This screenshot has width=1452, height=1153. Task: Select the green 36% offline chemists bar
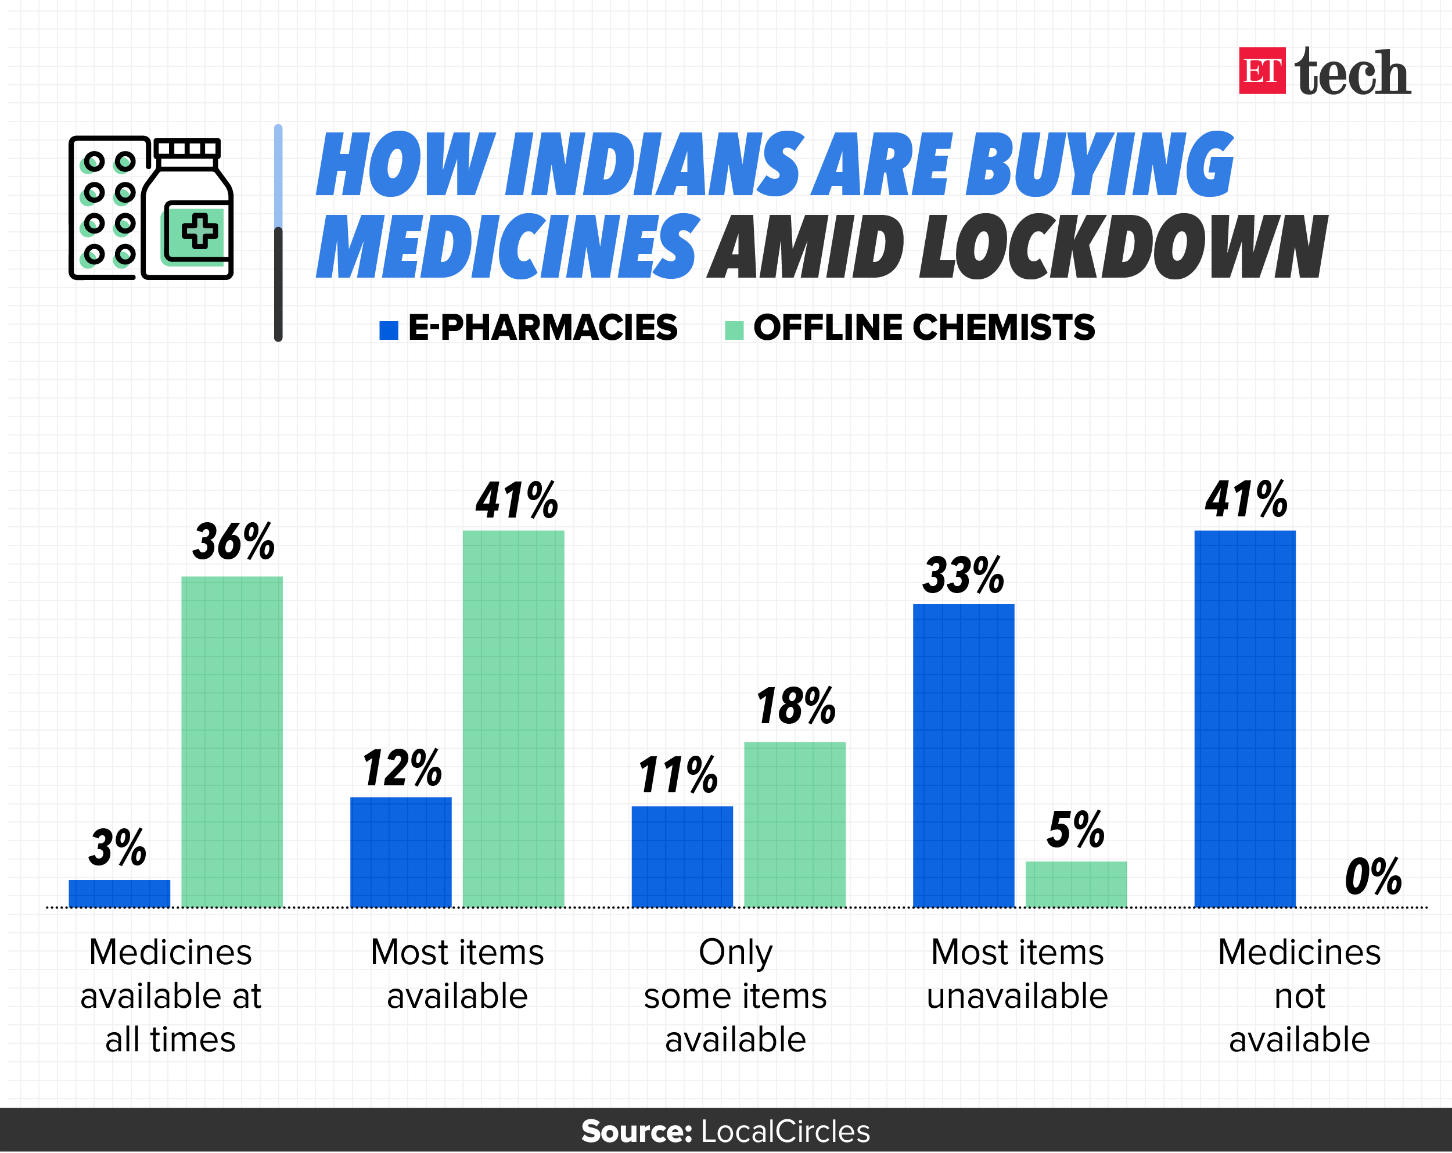coord(232,741)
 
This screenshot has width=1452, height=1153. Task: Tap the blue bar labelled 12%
coord(401,852)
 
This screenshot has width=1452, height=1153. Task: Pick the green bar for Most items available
coord(513,718)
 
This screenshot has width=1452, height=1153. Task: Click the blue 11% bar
coord(681,856)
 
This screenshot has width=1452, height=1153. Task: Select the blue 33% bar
coord(963,755)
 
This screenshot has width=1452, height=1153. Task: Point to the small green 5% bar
coord(1076,883)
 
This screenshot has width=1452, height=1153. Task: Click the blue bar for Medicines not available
coord(1245,718)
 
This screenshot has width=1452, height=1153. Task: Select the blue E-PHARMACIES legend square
coord(389,330)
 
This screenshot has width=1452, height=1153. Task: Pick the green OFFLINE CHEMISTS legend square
coord(734,330)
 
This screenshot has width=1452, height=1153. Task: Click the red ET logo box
coord(1261,71)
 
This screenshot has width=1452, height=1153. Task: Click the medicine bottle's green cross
coord(199,231)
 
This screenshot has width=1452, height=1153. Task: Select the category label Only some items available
coord(735,995)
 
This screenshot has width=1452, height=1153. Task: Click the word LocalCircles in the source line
coord(785,1132)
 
